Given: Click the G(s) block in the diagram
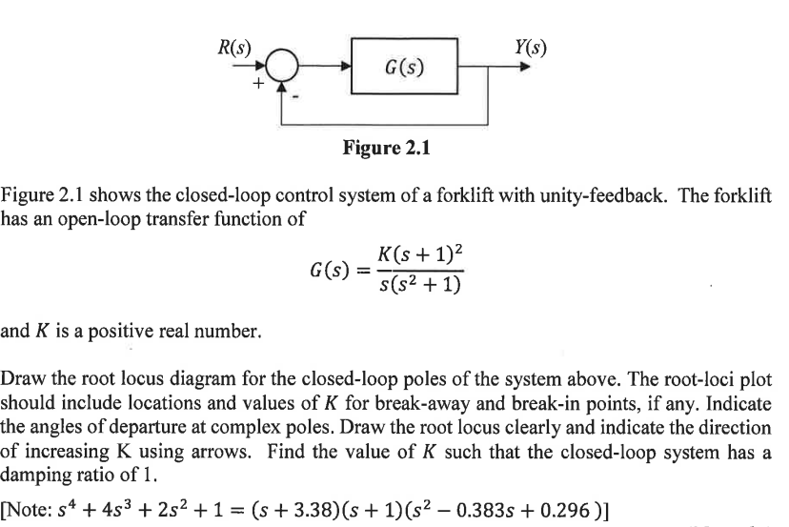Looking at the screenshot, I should pos(405,67).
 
